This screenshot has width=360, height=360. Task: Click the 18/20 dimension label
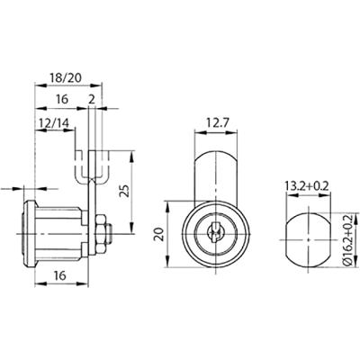(66, 78)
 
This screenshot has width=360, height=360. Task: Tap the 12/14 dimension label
(54, 122)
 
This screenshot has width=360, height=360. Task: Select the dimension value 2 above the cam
(92, 100)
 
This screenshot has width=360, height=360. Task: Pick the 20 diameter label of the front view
(159, 234)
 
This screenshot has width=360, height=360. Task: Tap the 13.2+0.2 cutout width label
(308, 186)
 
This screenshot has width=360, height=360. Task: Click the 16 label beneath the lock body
(60, 274)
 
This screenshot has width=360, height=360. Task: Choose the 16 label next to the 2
(62, 99)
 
